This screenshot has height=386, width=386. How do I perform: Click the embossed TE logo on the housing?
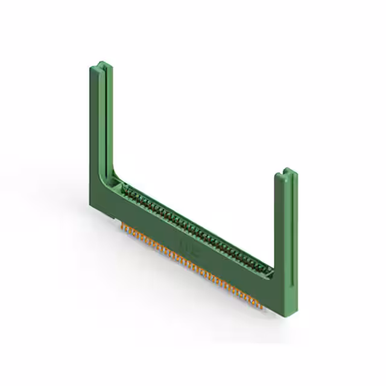[182, 242]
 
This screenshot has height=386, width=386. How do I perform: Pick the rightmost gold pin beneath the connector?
[264, 304]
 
